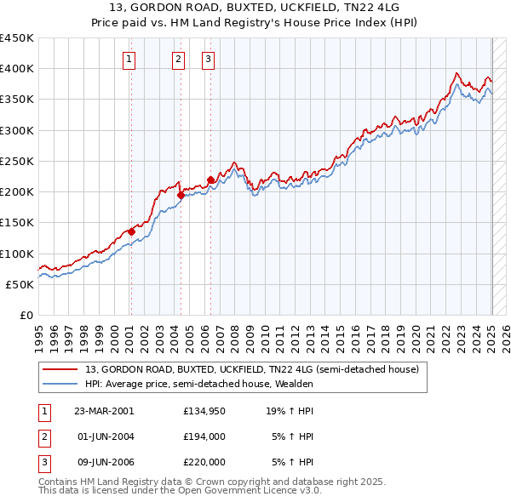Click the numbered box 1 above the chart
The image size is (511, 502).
click(x=129, y=59)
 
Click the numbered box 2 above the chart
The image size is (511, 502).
click(x=178, y=59)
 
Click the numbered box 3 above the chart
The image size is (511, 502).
click(x=209, y=59)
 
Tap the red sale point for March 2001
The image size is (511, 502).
click(x=131, y=231)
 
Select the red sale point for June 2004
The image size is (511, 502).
click(x=181, y=195)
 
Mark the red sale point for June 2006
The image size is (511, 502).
click(x=210, y=180)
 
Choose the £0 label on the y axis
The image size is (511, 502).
click(x=26, y=315)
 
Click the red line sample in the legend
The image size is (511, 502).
click(x=60, y=370)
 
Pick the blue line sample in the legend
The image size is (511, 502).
click(x=60, y=384)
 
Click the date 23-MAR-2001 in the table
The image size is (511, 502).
click(x=103, y=411)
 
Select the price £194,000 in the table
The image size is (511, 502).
click(x=204, y=436)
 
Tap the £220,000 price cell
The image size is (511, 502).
click(x=204, y=462)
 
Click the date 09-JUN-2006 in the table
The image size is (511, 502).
click(x=103, y=462)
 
